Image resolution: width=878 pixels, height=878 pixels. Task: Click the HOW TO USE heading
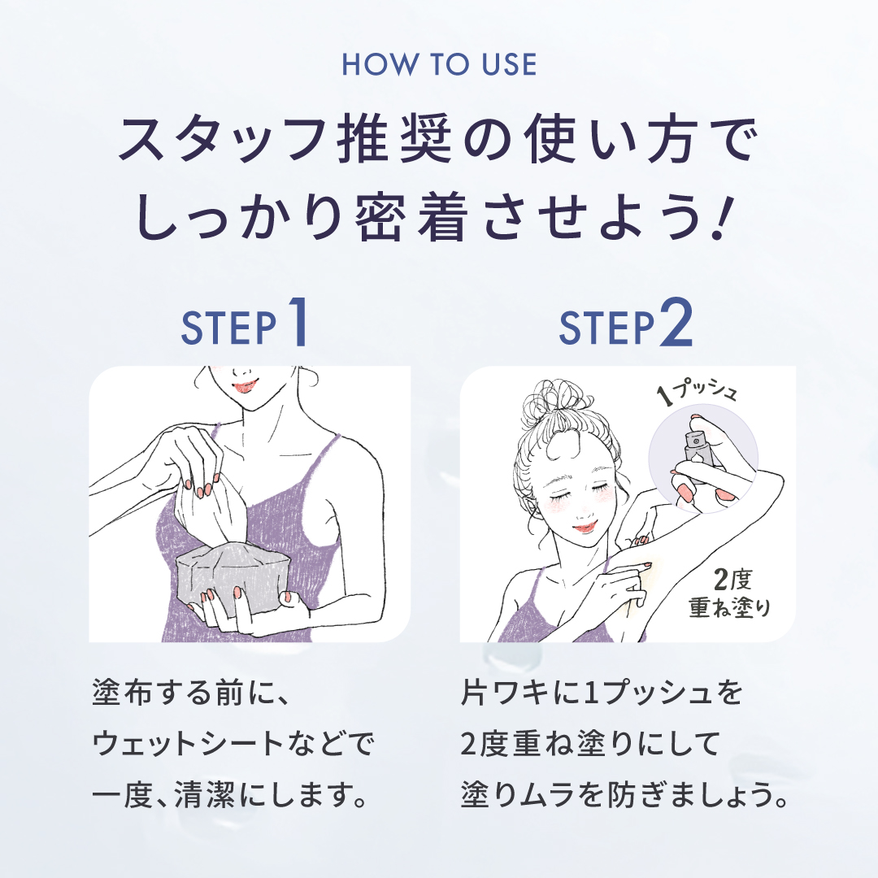click(x=439, y=64)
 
